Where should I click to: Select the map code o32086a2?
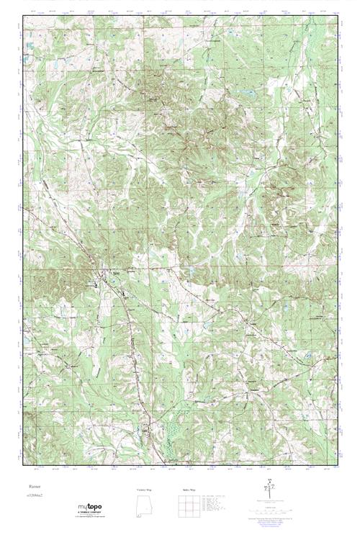point(36,497)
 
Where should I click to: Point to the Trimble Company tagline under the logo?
point(90,514)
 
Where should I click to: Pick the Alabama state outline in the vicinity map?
point(144,508)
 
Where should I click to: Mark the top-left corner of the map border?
point(24,17)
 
